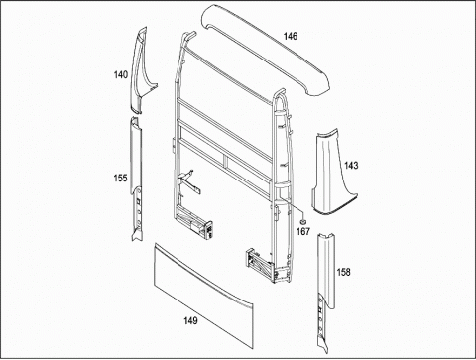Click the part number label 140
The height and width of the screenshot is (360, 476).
tap(121, 75)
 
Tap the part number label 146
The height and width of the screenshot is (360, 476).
tap(291, 36)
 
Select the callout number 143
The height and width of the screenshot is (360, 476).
tap(351, 165)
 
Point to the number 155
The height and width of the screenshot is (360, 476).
tap(120, 178)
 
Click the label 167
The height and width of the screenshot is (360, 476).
tap(303, 231)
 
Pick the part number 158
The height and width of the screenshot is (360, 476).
tap(343, 272)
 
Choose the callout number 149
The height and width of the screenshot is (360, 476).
tap(190, 320)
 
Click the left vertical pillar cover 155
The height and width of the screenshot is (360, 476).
tap(137, 179)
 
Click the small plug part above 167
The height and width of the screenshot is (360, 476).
tap(302, 222)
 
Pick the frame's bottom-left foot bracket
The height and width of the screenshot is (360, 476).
tap(195, 224)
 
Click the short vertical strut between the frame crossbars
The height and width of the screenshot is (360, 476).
tap(225, 161)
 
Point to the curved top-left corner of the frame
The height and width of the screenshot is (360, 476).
tap(188, 37)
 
